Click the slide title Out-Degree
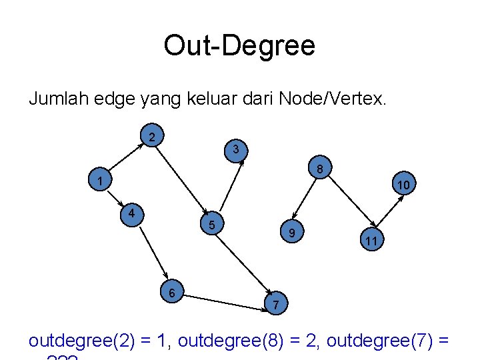pos(239,46)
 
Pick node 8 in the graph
pos(320,170)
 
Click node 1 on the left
pos(98,181)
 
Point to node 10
pos(403,184)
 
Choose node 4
pos(133,213)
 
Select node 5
pos(211,225)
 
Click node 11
pos(371,240)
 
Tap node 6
pos(171,293)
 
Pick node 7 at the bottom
pos(276,304)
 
